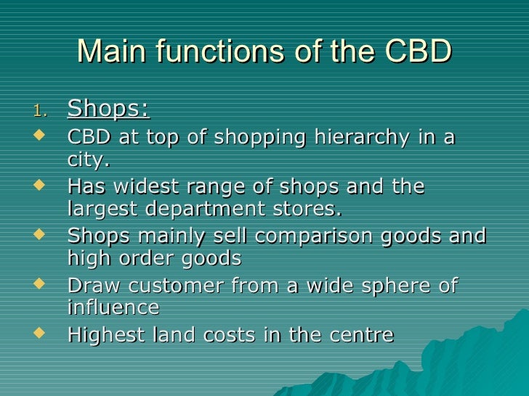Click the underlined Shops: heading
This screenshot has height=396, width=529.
108,109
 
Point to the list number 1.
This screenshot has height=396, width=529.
41,110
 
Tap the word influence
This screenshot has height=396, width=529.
113,306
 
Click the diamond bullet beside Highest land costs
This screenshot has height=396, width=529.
39,333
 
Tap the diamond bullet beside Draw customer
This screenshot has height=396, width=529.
39,284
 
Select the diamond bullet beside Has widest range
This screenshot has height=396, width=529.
39,185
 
